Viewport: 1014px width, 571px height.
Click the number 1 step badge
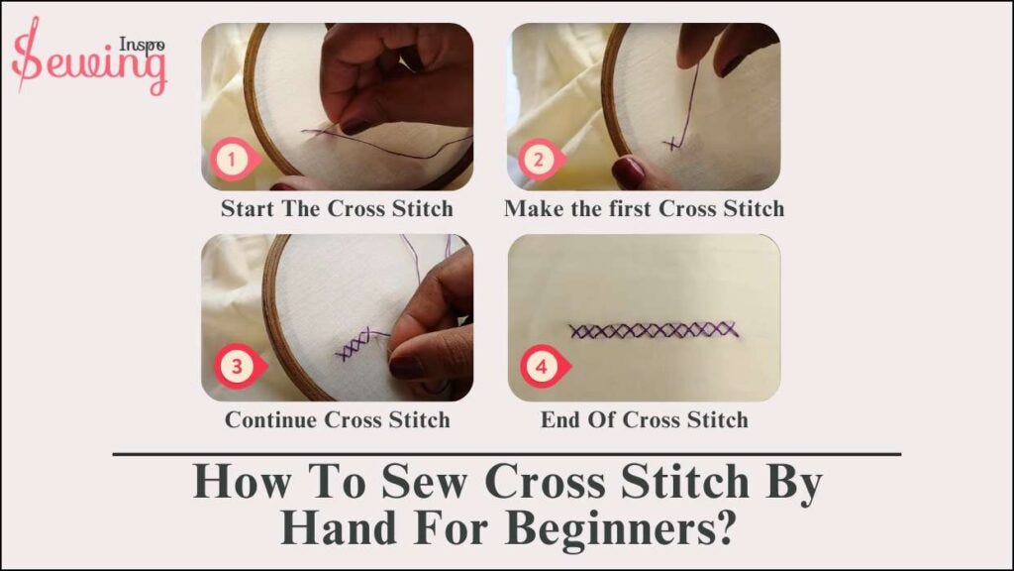(x=231, y=158)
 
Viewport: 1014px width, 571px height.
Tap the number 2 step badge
(x=538, y=158)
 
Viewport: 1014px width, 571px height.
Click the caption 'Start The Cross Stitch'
(x=337, y=209)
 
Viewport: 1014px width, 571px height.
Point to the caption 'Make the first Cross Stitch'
(x=644, y=209)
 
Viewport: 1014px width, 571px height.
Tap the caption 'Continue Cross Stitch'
(x=337, y=419)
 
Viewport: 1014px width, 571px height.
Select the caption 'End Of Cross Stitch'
(x=644, y=419)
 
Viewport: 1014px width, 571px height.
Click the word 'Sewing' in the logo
(x=89, y=63)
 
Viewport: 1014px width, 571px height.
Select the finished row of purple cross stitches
(x=654, y=329)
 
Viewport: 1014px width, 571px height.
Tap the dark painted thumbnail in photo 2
(x=629, y=173)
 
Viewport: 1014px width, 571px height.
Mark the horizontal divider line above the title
(x=507, y=454)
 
